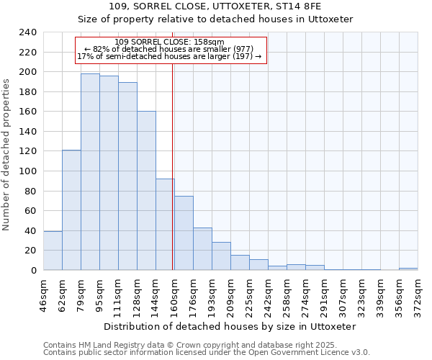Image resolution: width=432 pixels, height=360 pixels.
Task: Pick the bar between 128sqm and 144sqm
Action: click(x=146, y=191)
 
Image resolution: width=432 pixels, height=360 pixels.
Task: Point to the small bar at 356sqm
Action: click(x=408, y=269)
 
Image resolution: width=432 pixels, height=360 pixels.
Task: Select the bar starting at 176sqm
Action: click(x=202, y=248)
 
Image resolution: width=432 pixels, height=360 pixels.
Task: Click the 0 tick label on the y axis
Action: click(x=33, y=270)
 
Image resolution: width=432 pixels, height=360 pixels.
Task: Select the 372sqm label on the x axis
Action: click(x=418, y=294)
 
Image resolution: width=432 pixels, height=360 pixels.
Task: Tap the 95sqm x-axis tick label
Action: click(x=100, y=293)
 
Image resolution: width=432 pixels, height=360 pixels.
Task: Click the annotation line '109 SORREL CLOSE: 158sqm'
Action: click(x=170, y=42)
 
